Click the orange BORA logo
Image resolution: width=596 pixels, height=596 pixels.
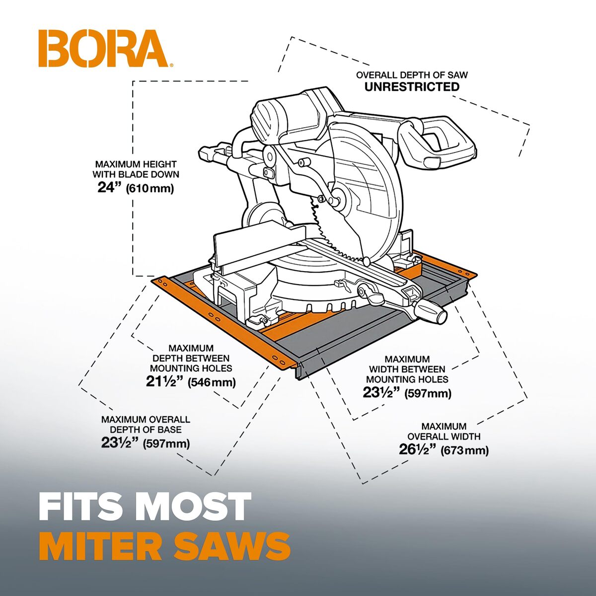pos(105,48)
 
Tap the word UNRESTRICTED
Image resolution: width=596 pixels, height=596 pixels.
pos(412,87)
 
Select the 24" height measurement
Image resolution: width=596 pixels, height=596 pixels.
pos(109,187)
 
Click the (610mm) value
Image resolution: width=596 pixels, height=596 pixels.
pos(149,188)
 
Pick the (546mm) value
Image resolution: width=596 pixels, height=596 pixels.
pos(212,382)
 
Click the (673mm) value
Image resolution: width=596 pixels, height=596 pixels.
pos(464,450)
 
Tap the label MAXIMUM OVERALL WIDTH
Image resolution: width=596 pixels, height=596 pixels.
pos(444,432)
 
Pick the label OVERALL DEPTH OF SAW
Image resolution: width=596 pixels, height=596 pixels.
pos(412,75)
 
